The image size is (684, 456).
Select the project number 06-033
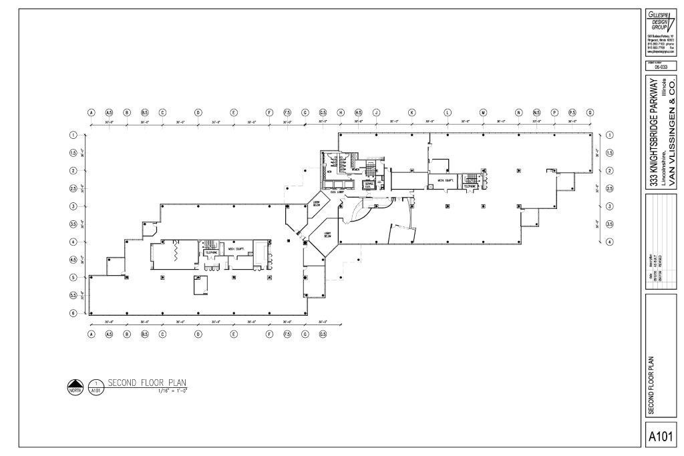pyautogui.click(x=661, y=67)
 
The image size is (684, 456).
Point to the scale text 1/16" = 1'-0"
pyautogui.click(x=172, y=391)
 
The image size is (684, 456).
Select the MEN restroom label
pyautogui.click(x=329, y=171)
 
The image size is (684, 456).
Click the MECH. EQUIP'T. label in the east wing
pyautogui.click(x=446, y=180)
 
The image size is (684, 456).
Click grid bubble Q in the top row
pyautogui.click(x=590, y=113)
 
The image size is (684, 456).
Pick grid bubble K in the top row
pyautogui.click(x=412, y=113)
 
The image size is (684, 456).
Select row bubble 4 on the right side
pyautogui.click(x=609, y=242)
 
